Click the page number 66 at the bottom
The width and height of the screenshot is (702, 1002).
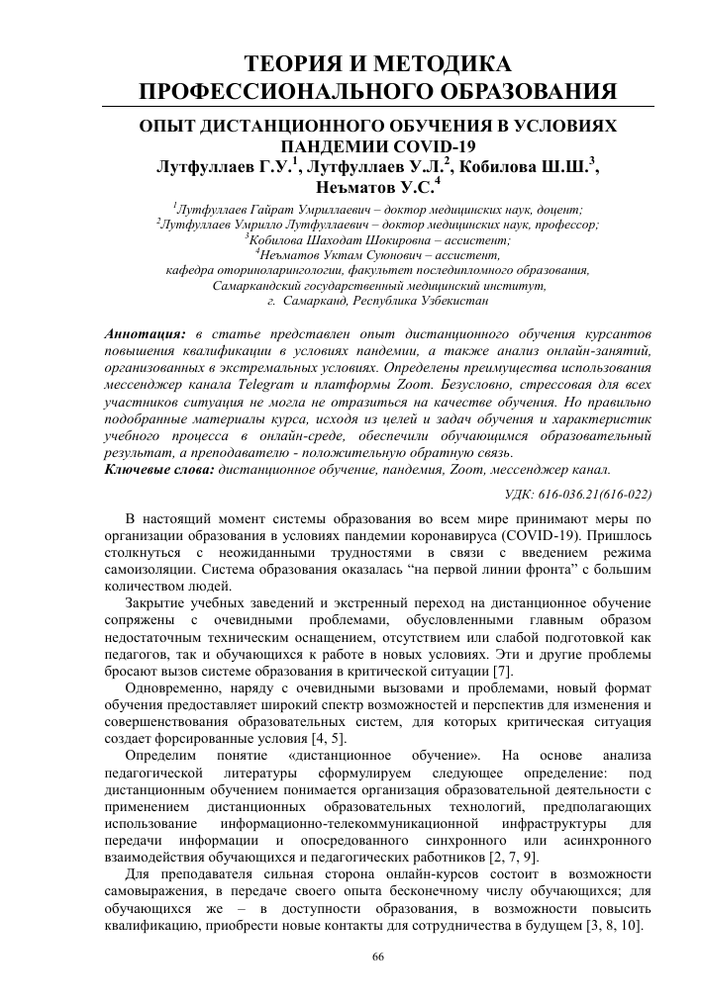tap(376, 956)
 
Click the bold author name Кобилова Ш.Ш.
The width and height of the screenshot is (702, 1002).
tap(531, 166)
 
